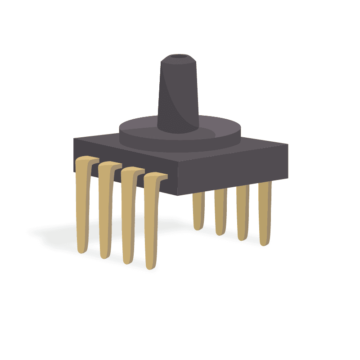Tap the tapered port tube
179,94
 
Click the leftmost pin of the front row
83,207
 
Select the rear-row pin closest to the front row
199,209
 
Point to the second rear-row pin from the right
243,211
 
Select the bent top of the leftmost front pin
88,159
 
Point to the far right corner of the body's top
287,145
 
